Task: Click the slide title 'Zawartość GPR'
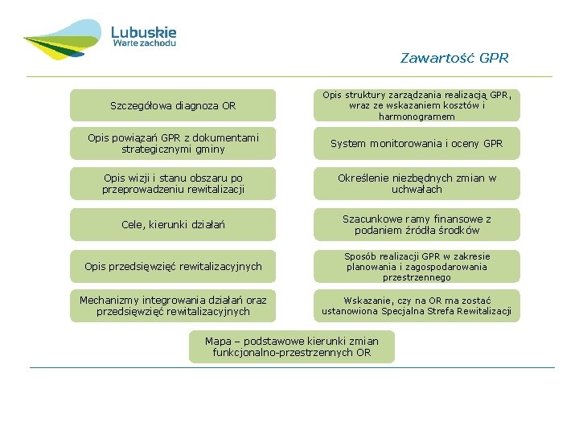tap(454, 58)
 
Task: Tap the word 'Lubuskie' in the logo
tap(143, 32)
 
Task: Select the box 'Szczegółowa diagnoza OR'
tap(173, 105)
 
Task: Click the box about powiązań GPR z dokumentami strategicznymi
tap(173, 144)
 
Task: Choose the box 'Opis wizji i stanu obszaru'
tap(173, 183)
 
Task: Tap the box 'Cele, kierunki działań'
tap(173, 224)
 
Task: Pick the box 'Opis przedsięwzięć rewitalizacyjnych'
tap(173, 266)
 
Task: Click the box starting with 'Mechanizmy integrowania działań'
tap(173, 305)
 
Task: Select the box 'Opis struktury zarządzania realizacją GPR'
tap(417, 105)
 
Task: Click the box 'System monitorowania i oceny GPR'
tap(417, 144)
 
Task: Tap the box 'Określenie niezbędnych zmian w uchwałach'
tap(417, 183)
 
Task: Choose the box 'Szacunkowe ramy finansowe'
tap(417, 224)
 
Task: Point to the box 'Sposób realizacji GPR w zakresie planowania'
tap(417, 266)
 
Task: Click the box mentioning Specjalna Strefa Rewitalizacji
tap(417, 305)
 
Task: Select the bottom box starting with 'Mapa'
tap(292, 346)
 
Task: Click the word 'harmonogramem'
tap(417, 117)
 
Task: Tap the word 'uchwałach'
tap(417, 190)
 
